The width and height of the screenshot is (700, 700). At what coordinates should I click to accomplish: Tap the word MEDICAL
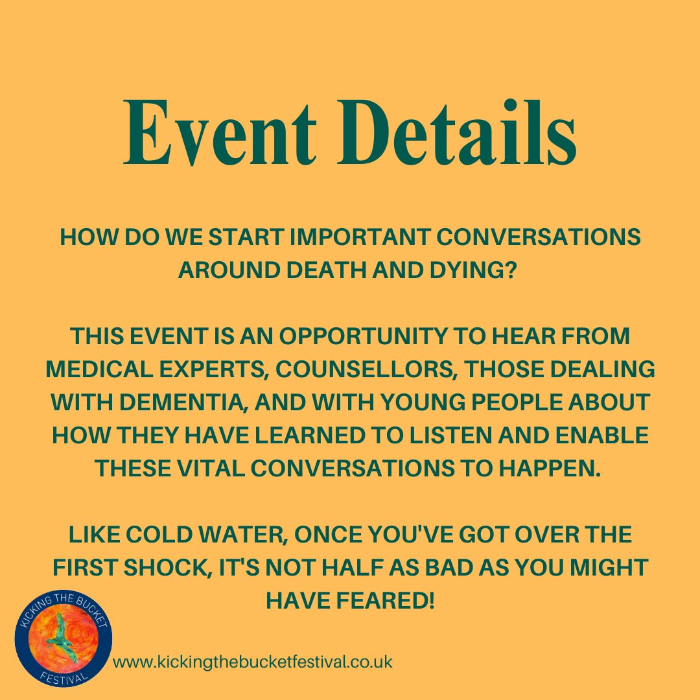(102, 369)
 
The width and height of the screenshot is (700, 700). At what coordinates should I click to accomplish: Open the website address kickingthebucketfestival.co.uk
(253, 662)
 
